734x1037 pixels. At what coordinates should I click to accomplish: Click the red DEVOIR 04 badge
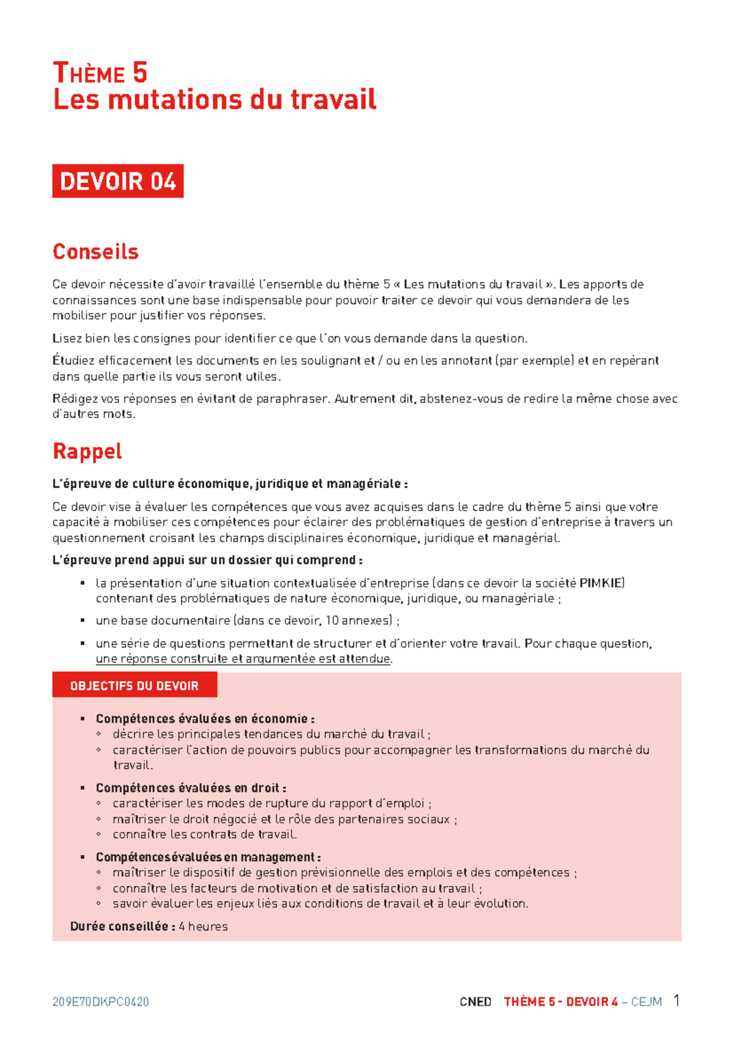tap(117, 182)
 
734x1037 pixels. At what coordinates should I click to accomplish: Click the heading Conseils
tap(95, 251)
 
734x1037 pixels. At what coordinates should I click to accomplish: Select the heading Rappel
tap(87, 451)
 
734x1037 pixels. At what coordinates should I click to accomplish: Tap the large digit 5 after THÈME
tap(139, 73)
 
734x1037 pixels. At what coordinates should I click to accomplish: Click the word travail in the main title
tap(333, 100)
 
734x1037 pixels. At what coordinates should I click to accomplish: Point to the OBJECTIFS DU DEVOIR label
tap(135, 686)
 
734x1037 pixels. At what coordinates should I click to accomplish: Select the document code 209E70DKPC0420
tap(101, 1002)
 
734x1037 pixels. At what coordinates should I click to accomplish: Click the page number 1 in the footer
tap(677, 1000)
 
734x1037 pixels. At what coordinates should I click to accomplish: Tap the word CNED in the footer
tap(475, 1002)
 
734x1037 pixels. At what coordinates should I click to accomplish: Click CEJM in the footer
tap(646, 1002)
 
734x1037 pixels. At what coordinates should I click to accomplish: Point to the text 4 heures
tap(203, 926)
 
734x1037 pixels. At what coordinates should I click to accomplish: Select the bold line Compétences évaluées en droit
tap(191, 788)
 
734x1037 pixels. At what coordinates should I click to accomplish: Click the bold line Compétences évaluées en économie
tap(205, 718)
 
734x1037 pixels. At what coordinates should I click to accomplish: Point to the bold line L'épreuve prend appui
tap(207, 560)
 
